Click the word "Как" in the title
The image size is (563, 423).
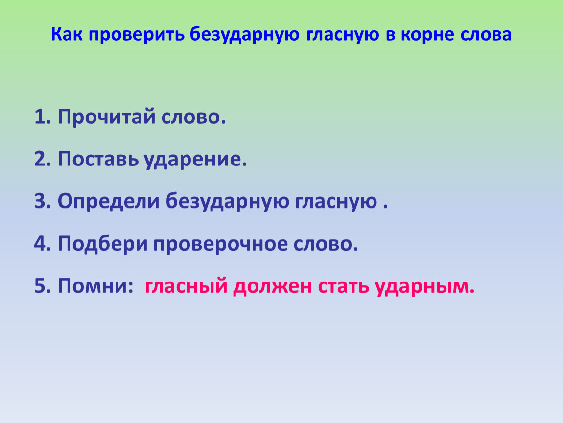[67, 34]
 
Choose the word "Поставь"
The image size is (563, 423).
[98, 159]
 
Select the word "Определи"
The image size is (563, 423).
[108, 202]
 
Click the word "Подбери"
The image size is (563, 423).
[103, 243]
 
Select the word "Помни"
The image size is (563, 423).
[93, 286]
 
